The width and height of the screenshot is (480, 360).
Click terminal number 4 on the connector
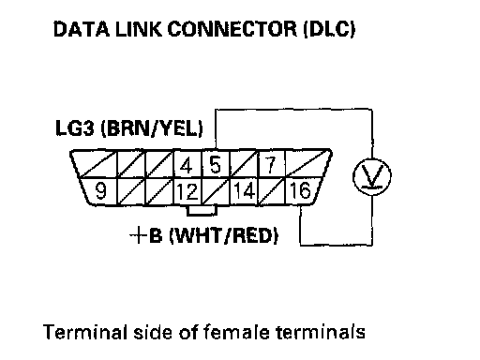pyautogui.click(x=187, y=165)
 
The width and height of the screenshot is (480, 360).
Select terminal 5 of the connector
pyautogui.click(x=215, y=165)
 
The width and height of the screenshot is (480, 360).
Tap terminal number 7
pyautogui.click(x=271, y=165)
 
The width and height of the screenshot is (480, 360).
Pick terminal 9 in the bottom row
pyautogui.click(x=100, y=190)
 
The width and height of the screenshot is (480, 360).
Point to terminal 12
pyautogui.click(x=187, y=191)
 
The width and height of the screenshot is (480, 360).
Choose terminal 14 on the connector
pyautogui.click(x=244, y=190)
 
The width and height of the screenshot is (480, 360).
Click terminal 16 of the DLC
pyautogui.click(x=300, y=190)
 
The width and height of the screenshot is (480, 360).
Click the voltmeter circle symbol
pyautogui.click(x=372, y=177)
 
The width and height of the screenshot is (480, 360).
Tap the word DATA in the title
pyautogui.click(x=82, y=29)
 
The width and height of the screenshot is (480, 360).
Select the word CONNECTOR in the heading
pyautogui.click(x=232, y=29)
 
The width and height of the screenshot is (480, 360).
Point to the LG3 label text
pyautogui.click(x=74, y=128)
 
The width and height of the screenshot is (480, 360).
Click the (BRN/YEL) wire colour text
pyautogui.click(x=152, y=128)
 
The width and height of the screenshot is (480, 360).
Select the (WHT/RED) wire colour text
pyautogui.click(x=224, y=235)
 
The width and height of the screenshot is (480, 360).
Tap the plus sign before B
pyautogui.click(x=138, y=235)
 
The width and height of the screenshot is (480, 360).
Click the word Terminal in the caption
pyautogui.click(x=85, y=332)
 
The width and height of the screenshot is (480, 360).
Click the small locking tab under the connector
pyautogui.click(x=202, y=210)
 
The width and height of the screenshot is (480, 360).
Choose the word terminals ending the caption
pyautogui.click(x=321, y=332)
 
